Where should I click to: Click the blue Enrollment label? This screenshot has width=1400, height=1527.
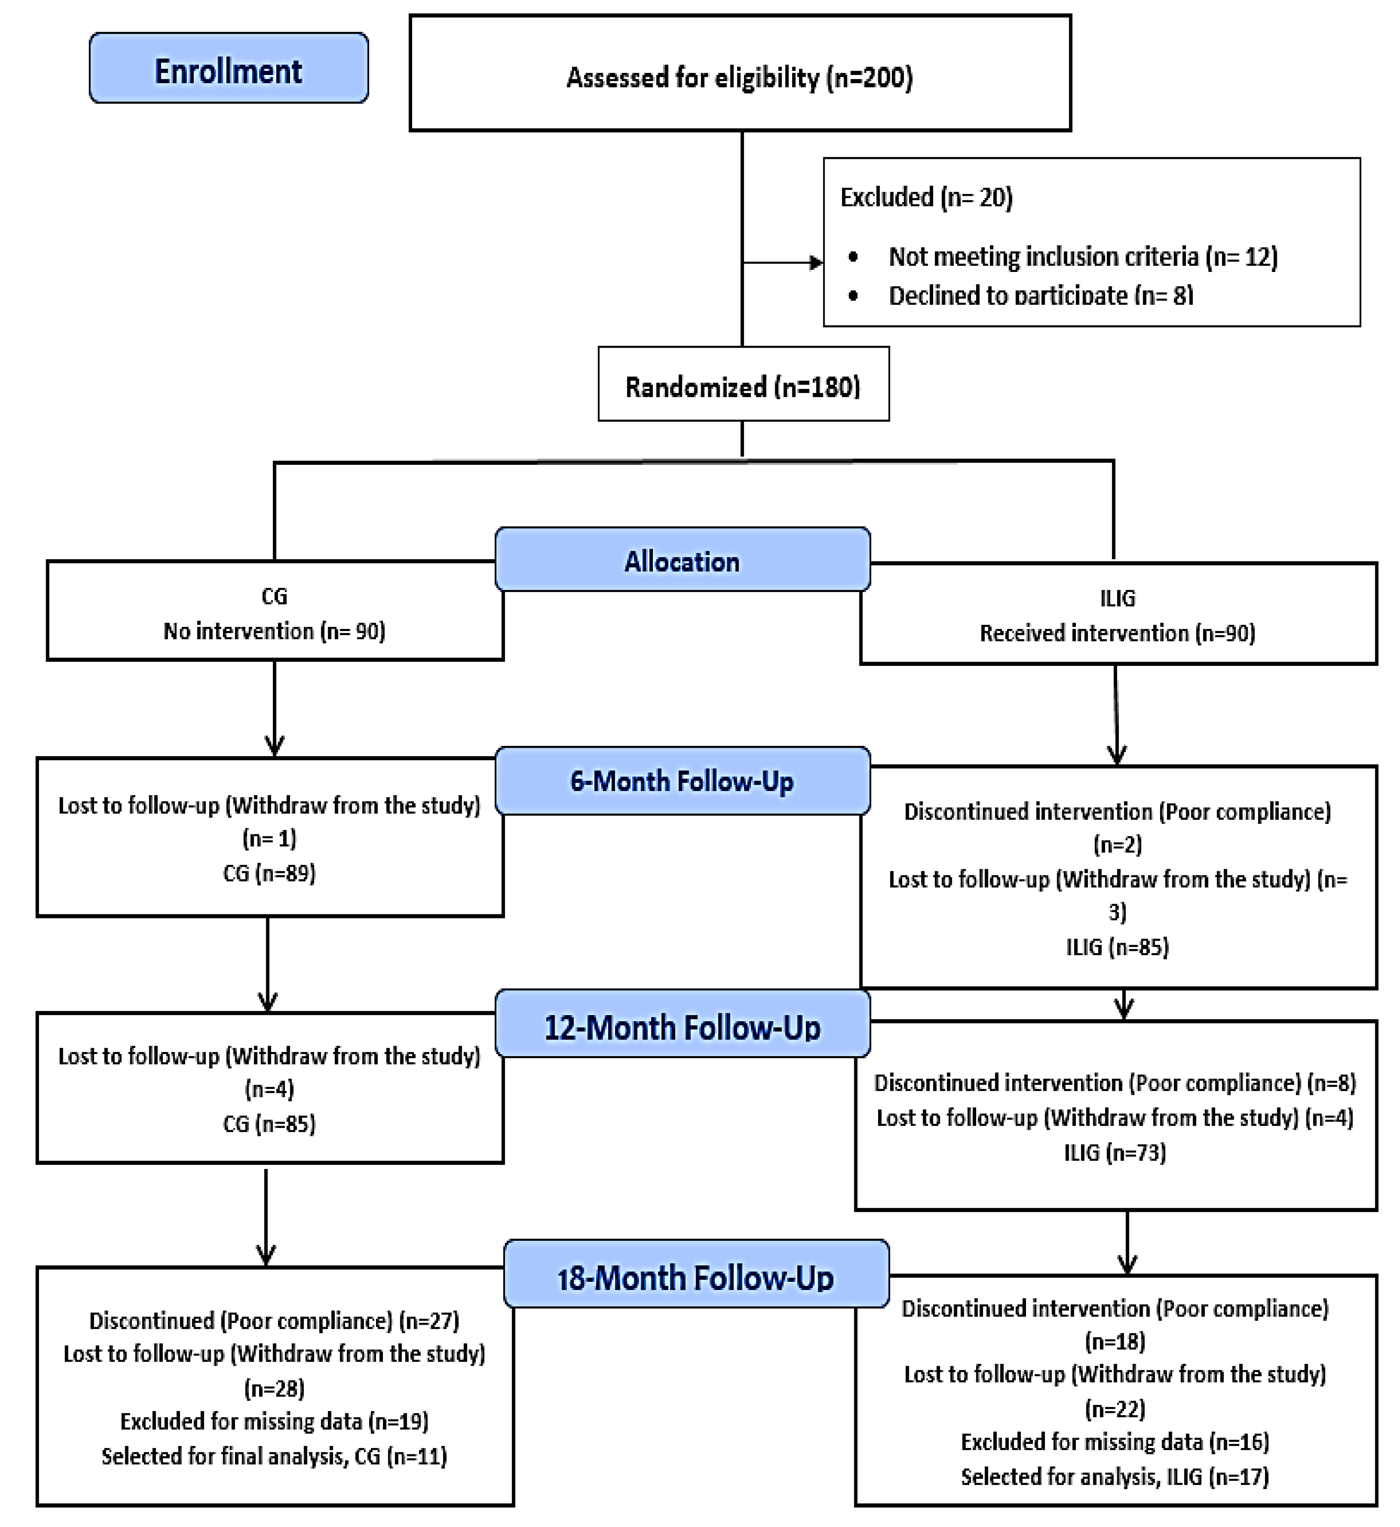click(229, 67)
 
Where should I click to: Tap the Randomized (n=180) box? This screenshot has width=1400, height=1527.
click(743, 383)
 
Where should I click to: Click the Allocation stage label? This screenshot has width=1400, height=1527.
click(682, 559)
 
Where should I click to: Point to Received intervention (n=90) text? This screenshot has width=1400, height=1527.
click(1118, 633)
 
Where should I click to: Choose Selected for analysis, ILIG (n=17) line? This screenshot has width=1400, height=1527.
click(1114, 1476)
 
